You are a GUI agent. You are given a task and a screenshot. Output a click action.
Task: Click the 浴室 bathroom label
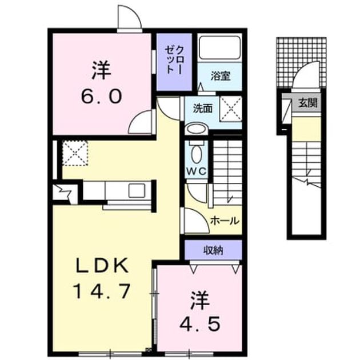[x=221, y=77]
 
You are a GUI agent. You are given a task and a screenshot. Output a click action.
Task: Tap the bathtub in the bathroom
[x=220, y=47]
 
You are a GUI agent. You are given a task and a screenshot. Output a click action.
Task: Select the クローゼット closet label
[x=174, y=60]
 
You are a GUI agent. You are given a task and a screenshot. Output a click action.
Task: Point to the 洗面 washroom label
[x=202, y=109]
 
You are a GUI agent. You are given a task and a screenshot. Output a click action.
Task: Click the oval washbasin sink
[x=197, y=129]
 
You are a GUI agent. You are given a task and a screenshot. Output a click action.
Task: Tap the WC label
[x=197, y=171]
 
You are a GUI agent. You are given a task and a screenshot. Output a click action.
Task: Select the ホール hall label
[x=225, y=221]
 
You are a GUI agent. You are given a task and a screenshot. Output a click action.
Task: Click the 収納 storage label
[x=214, y=250]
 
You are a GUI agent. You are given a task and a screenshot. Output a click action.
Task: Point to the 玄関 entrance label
[x=308, y=103]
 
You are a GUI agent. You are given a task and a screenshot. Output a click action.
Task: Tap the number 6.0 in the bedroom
[x=101, y=97]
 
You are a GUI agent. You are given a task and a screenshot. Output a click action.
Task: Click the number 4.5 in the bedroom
[x=200, y=324]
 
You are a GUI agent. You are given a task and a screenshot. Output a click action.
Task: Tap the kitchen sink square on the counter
[x=137, y=190]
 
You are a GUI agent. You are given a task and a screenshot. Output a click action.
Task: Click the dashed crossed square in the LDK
[x=75, y=153]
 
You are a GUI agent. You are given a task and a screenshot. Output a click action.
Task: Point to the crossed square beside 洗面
[x=231, y=109]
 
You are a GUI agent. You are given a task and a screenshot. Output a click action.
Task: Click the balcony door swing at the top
[x=130, y=17]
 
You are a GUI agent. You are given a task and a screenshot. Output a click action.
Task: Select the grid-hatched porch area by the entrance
[x=301, y=62]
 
